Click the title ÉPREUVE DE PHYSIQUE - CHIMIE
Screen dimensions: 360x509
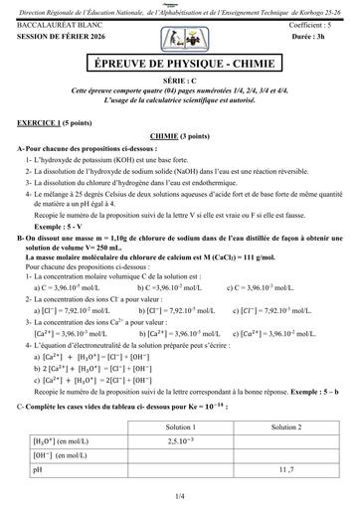click(x=179, y=65)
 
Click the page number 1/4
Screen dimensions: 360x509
click(x=180, y=494)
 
